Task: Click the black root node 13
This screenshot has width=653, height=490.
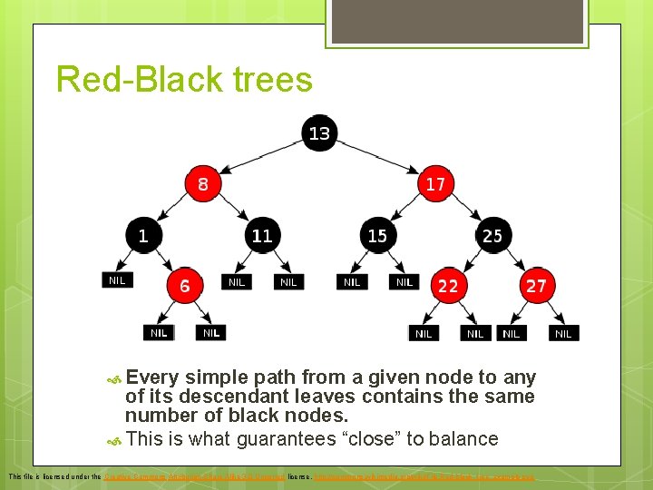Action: point(319,133)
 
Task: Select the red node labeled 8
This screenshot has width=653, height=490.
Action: point(202,183)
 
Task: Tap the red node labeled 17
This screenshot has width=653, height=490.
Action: point(435,183)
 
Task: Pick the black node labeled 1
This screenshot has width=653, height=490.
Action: point(142,235)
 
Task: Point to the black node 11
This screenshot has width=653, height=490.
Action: point(261,235)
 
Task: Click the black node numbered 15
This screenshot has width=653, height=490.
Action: point(377,235)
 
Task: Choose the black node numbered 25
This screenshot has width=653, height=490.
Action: point(492,235)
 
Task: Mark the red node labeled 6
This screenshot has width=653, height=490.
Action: point(184,286)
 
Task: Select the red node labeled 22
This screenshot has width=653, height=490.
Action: point(448,286)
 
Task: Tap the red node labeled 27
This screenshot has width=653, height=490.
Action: point(536,286)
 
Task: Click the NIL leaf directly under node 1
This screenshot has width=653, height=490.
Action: point(117,280)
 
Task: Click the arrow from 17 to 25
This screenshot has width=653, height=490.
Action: point(464,210)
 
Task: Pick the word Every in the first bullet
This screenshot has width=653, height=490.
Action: point(152,377)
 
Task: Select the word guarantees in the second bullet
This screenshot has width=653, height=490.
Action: point(287,439)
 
